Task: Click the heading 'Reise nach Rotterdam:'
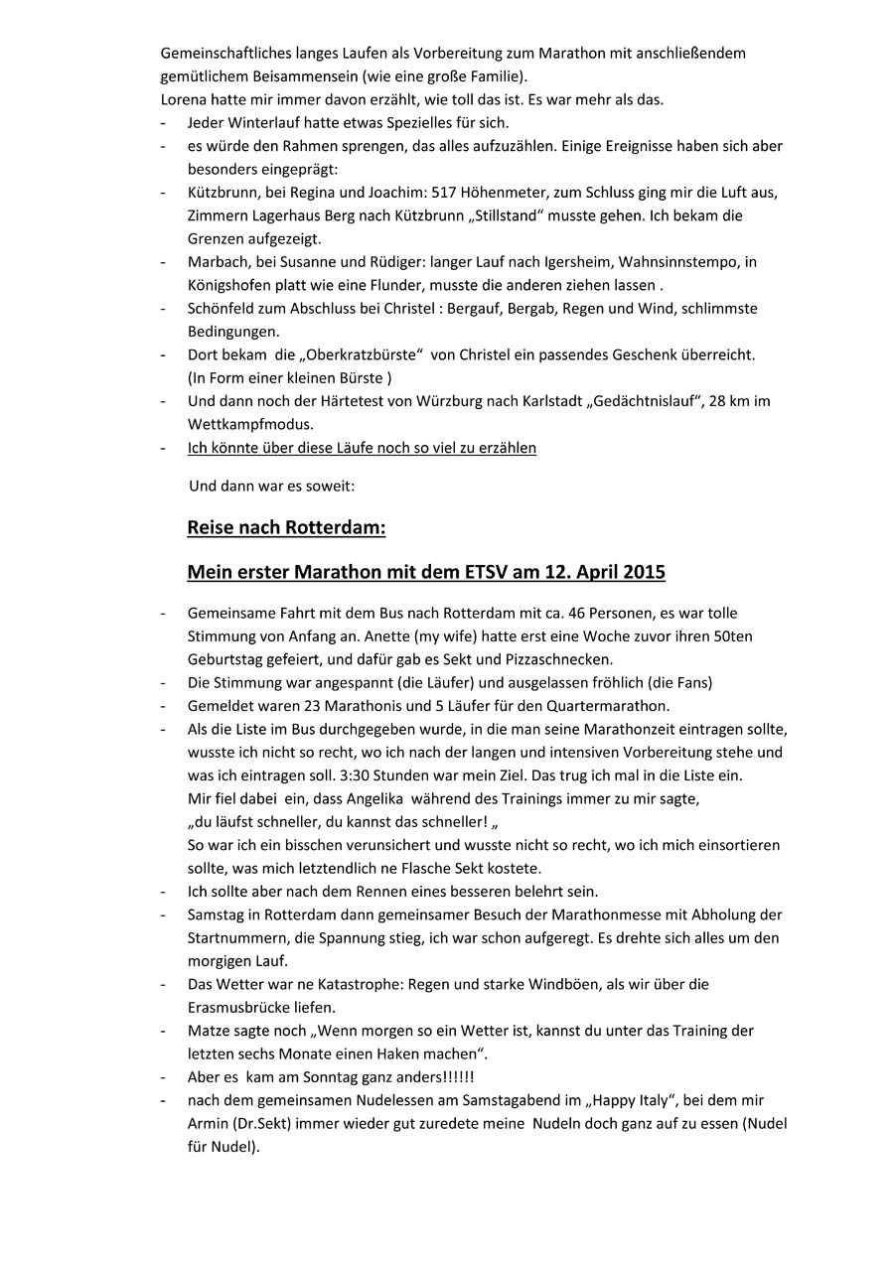click(x=286, y=527)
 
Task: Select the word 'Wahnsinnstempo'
click(x=690, y=262)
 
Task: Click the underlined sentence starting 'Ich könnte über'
click(x=362, y=448)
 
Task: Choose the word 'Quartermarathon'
click(x=611, y=706)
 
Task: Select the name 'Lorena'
click(x=183, y=99)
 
